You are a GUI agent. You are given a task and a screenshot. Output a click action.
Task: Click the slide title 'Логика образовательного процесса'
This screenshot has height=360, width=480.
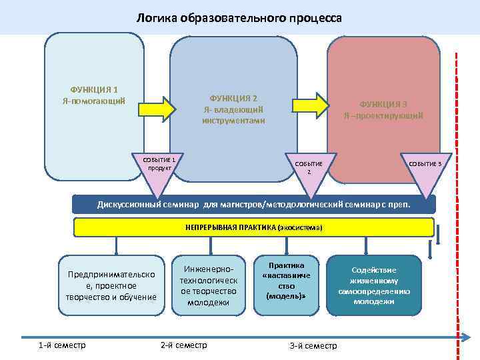[239, 18]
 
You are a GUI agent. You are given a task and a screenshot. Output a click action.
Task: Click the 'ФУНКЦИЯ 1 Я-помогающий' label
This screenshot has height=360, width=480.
[94, 95]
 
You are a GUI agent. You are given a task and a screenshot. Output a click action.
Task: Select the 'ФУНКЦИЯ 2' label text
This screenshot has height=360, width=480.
[233, 98]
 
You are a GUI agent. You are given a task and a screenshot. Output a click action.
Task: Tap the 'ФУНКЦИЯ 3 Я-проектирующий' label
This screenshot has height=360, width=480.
[383, 109]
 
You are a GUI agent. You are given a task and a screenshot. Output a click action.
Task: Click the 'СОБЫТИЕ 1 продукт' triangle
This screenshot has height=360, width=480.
[159, 171]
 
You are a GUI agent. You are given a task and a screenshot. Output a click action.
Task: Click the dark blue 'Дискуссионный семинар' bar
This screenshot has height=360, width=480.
[253, 204]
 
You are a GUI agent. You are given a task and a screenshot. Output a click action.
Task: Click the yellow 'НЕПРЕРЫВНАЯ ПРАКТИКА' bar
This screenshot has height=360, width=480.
[253, 227]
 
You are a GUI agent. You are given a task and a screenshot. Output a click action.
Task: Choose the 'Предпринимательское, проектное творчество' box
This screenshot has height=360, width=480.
[107, 285]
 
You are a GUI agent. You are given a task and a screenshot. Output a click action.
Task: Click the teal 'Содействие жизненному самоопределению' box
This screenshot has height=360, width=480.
[374, 285]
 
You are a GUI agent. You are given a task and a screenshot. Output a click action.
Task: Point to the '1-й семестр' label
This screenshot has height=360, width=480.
[62, 345]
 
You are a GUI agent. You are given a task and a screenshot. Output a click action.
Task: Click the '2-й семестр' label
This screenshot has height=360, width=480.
[184, 345]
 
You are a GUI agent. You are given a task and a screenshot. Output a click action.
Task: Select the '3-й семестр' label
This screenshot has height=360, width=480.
[313, 345]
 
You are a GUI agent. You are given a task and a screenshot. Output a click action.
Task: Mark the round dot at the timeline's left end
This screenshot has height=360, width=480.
[23, 336]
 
